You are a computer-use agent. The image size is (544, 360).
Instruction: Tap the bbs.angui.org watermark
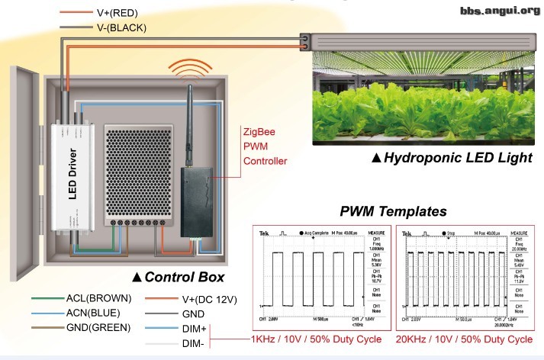[x=500, y=10]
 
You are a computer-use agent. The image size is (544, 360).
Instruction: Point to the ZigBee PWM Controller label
[x=265, y=146]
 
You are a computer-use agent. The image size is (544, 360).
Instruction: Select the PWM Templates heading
[x=390, y=211]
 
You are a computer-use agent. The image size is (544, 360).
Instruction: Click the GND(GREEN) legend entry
[x=98, y=328]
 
